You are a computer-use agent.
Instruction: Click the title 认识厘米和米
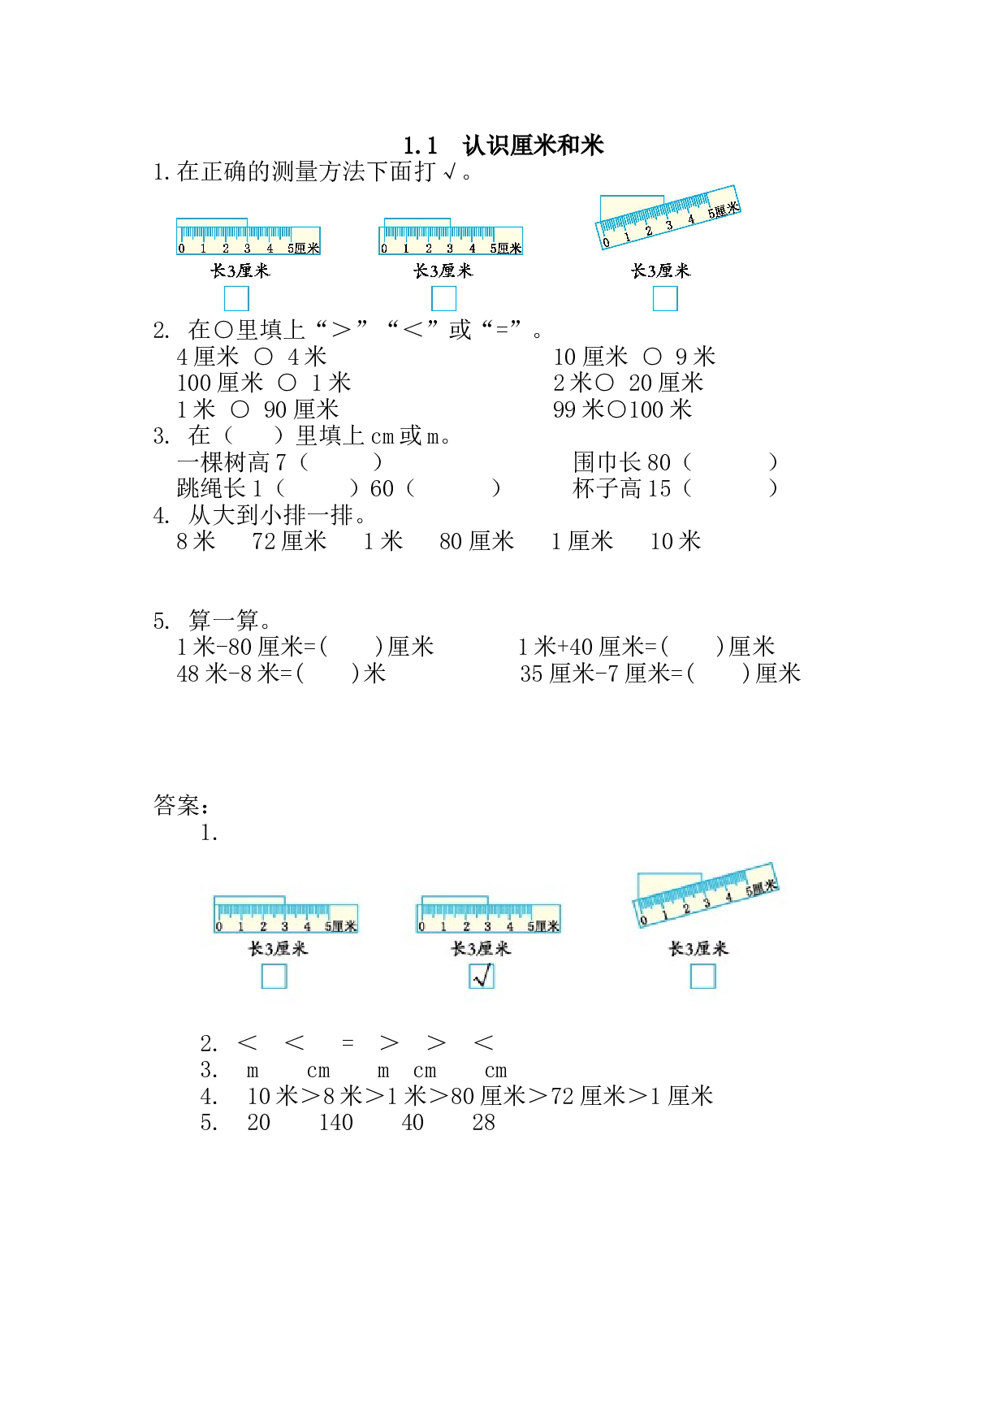(533, 145)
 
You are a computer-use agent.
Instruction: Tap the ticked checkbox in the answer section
(482, 976)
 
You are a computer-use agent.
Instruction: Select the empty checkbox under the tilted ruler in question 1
(665, 299)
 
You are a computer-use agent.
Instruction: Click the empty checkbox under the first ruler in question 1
(236, 299)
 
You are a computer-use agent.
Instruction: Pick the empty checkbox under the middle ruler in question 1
(443, 299)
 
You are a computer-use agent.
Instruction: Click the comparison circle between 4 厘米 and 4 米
(264, 357)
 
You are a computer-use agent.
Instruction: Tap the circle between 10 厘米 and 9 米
(652, 357)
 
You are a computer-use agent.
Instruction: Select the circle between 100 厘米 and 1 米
(287, 383)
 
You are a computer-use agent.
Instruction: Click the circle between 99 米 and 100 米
(616, 409)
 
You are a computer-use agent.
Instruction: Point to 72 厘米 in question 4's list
(289, 541)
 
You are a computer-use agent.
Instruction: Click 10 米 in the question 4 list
(676, 541)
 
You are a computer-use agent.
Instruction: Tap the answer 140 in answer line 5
(336, 1123)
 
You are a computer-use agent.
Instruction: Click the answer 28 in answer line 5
(484, 1123)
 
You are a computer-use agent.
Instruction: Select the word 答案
(177, 805)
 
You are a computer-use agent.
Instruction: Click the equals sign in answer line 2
(348, 1043)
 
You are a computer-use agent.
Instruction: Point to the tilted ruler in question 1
(668, 217)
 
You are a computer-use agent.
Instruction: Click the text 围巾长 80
(622, 462)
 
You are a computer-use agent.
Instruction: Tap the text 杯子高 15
(622, 488)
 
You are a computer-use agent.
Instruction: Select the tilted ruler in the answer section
(706, 895)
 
